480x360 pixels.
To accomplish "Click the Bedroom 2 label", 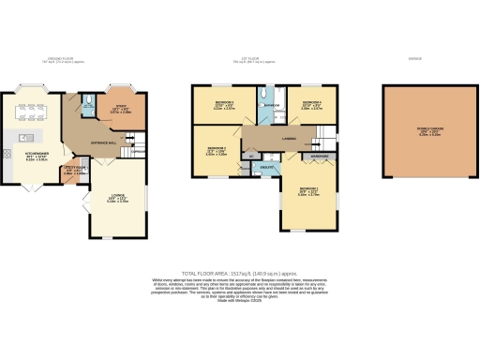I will click(216, 149).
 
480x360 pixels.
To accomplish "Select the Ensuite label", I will click(265, 166).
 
